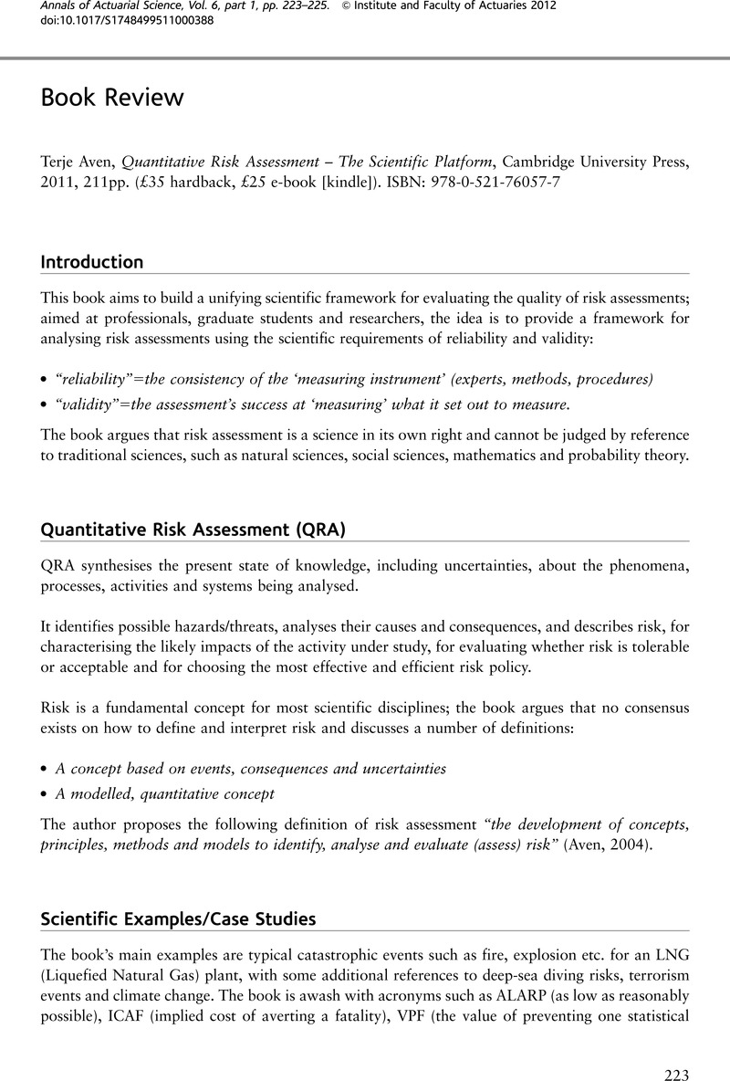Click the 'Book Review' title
(112, 98)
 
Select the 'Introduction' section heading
(92, 262)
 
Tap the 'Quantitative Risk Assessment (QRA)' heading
(193, 530)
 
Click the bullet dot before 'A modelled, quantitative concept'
(45, 794)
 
